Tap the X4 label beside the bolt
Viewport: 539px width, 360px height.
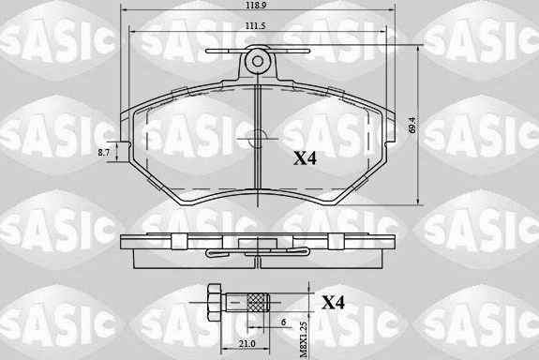coord(334,303)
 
